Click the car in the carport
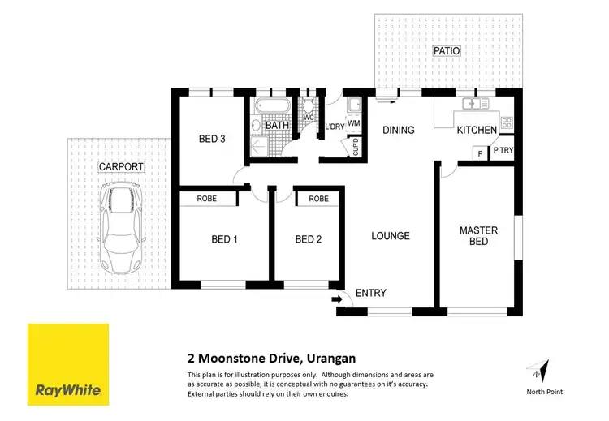click(119, 230)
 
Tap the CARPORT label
click(120, 167)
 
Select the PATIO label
click(446, 51)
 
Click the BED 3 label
click(211, 139)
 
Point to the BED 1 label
click(224, 239)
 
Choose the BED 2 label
click(309, 239)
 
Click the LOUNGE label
click(391, 236)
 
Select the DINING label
click(399, 130)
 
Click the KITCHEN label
click(476, 130)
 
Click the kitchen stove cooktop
click(506, 123)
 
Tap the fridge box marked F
click(479, 153)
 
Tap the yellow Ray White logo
click(68, 363)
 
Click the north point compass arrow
click(537, 370)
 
